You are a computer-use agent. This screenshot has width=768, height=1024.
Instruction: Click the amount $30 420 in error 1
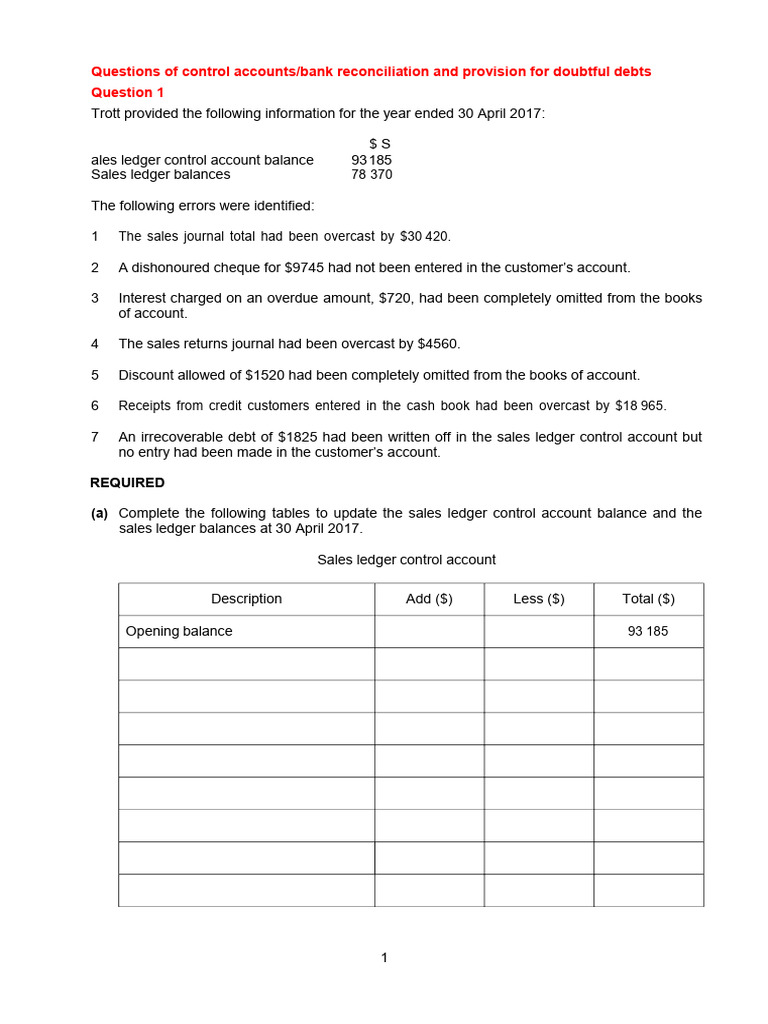(x=424, y=237)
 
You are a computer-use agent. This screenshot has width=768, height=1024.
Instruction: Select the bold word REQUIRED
(x=128, y=483)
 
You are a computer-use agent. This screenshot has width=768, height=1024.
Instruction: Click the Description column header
(x=246, y=599)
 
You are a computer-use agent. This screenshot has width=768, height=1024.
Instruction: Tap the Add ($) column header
(x=429, y=599)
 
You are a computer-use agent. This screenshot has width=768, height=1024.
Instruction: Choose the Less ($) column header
(x=539, y=599)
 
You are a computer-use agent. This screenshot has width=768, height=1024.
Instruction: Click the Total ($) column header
(x=648, y=599)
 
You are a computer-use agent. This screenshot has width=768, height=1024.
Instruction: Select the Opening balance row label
(x=179, y=631)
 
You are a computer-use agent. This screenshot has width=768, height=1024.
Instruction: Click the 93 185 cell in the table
(x=648, y=632)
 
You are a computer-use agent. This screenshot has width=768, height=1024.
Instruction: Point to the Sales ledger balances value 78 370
(x=371, y=175)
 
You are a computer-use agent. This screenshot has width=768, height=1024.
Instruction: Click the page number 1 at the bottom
(x=384, y=958)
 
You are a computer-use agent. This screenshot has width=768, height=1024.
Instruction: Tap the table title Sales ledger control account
(x=406, y=560)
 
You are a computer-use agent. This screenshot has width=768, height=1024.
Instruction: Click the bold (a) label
(x=99, y=513)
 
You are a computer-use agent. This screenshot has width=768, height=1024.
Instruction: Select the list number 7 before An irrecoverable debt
(x=95, y=437)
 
